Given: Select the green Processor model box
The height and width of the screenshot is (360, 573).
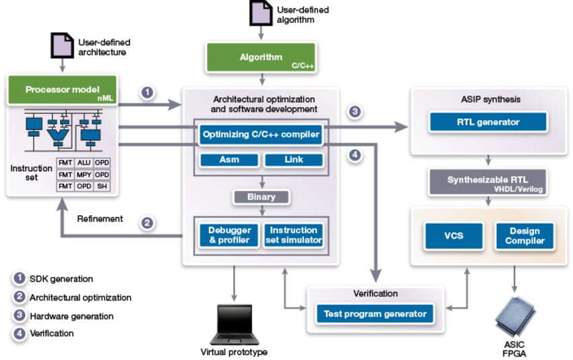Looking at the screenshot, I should coord(62,90).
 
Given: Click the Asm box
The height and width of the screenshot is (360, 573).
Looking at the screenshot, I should coord(229,160).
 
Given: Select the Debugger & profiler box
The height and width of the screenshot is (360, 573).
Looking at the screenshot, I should coord(229,235).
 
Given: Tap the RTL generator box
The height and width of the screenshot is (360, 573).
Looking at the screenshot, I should coord(488,122).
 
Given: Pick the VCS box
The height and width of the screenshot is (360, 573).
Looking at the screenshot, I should coord(453,236).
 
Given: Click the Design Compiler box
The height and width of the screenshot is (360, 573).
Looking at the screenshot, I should coord(524,236).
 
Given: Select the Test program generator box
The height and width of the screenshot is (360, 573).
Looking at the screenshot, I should coord(375,313).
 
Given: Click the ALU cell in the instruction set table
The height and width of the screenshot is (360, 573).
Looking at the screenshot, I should coord(84,163).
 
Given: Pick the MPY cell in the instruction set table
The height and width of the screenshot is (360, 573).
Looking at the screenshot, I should coord(84,175).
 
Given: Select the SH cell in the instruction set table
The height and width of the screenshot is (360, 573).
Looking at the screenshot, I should coord(102,186).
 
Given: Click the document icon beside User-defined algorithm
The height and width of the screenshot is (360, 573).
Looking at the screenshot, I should coord(260,13).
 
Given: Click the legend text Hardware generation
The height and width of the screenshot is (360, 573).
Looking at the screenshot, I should coord(71,316).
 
